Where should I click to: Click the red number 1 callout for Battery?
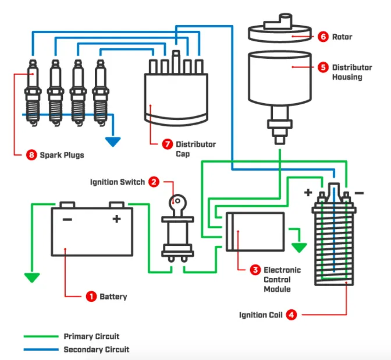(90, 297)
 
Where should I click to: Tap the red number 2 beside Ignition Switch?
(154, 182)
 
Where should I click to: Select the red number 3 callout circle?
(255, 270)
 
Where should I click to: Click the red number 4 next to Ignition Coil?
(291, 315)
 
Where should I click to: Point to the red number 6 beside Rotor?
(323, 37)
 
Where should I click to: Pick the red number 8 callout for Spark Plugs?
(32, 155)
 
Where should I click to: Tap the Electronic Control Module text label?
(282, 280)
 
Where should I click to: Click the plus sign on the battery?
(116, 219)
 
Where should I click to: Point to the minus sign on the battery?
(67, 219)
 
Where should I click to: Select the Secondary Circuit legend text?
(96, 350)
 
